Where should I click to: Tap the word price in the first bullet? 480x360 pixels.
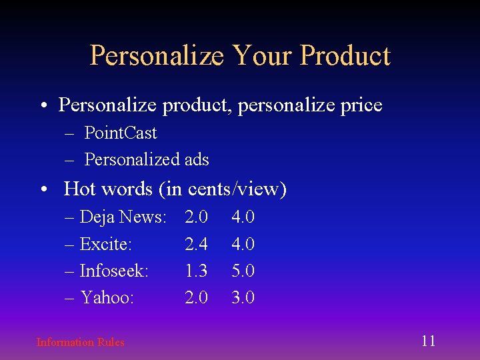pos(360,105)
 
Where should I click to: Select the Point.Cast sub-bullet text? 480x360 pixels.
pos(121,133)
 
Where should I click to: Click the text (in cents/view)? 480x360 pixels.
pos(223,190)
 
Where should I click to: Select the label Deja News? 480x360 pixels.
pos(123,217)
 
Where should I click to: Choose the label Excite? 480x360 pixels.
pos(105,245)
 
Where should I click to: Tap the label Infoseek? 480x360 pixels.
pos(114,271)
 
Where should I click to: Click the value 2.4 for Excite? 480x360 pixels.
pos(196,245)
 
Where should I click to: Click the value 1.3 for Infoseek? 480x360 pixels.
pos(196,271)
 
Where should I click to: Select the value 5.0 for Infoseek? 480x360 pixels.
pos(243,271)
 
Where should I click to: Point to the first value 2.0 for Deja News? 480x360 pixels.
pos(196,217)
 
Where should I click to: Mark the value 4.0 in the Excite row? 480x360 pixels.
pos(243,245)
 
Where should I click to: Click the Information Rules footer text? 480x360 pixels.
pos(80,343)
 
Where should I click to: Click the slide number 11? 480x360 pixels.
pos(428,341)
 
